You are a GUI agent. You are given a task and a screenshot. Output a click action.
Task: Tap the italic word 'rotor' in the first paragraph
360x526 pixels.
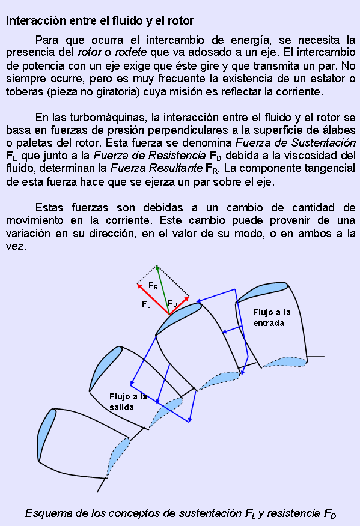click(x=90, y=52)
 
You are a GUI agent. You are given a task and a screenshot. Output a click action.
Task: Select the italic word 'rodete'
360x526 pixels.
click(x=130, y=52)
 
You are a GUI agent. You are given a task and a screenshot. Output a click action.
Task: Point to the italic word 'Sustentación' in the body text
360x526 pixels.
click(x=323, y=142)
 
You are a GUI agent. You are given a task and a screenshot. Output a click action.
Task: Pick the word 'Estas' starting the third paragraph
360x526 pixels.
click(x=49, y=208)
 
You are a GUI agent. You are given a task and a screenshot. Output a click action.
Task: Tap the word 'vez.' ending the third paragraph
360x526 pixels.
click(x=16, y=247)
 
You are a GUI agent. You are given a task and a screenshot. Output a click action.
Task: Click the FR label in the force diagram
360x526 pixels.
click(x=153, y=286)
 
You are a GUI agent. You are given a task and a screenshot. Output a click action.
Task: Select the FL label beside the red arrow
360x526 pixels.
click(x=146, y=304)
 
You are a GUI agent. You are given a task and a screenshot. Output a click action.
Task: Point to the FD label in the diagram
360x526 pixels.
click(x=172, y=304)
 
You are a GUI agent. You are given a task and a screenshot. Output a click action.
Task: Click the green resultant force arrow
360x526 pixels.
click(x=163, y=290)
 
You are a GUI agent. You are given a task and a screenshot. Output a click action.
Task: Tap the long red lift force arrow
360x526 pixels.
click(x=153, y=299)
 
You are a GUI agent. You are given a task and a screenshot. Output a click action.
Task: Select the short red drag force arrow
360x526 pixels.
click(x=179, y=305)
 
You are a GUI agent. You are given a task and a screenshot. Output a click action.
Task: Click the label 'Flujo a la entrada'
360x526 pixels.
click(x=272, y=318)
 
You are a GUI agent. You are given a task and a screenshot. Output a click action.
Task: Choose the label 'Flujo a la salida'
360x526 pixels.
click(x=128, y=402)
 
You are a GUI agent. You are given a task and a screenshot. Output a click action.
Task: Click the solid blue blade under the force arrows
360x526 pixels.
click(x=178, y=318)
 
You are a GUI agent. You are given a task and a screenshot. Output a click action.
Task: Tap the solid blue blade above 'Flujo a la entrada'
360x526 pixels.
click(x=262, y=292)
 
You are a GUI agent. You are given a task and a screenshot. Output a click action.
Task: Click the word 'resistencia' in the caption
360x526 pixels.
click(x=293, y=513)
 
